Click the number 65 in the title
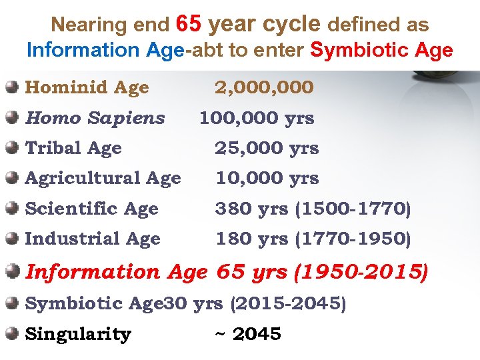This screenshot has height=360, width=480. [189, 25]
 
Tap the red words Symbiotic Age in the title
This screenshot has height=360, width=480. [382, 50]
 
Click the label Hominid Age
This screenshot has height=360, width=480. [87, 87]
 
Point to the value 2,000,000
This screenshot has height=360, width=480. [264, 87]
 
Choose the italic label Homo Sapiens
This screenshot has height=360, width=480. [95, 118]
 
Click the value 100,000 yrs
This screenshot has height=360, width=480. [257, 118]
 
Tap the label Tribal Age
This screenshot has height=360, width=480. [73, 148]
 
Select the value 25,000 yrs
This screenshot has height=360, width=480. [267, 148]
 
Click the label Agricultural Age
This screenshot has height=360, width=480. [103, 178]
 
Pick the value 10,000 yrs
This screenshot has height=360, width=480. [267, 178]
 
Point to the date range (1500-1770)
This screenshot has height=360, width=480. [353, 209]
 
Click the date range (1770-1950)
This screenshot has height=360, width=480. [353, 239]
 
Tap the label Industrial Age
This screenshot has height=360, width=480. [93, 239]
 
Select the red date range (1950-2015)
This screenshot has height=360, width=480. [361, 272]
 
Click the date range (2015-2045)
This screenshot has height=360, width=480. [288, 304]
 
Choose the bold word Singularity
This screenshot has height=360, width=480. [78, 334]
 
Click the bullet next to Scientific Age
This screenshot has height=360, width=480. [12, 208]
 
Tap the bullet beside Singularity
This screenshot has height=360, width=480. [12, 333]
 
